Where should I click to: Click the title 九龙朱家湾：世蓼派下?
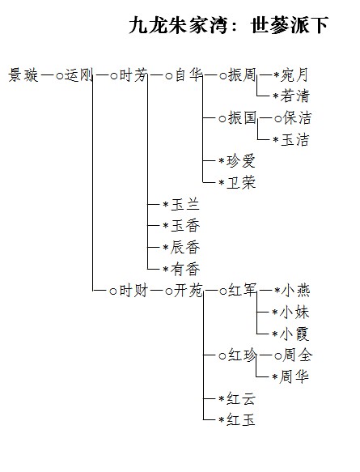click(229, 25)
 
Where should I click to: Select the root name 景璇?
click(23, 75)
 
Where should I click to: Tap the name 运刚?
click(78, 75)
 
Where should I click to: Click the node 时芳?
click(133, 75)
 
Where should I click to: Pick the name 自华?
click(188, 75)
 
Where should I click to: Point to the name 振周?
click(242, 75)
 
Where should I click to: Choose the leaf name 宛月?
click(294, 75)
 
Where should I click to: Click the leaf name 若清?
click(294, 96)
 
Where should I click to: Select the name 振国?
click(242, 118)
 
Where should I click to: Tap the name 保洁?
click(297, 118)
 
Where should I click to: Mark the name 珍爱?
click(241, 161)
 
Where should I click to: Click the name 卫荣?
click(241, 182)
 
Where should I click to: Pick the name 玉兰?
click(185, 204)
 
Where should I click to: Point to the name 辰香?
click(185, 248)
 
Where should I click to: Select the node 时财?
click(133, 291)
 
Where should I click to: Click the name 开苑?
click(188, 291)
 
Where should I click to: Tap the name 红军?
click(242, 291)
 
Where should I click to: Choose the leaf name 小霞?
click(294, 334)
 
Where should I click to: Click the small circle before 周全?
click(277, 356)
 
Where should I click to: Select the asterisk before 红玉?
click(222, 419)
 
